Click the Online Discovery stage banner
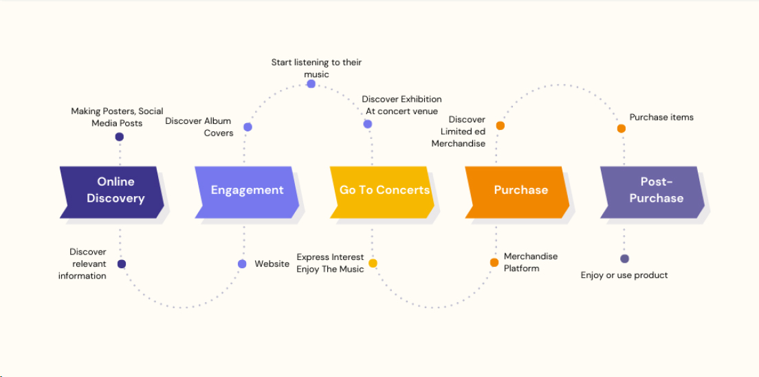[111, 191]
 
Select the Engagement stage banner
[246, 191]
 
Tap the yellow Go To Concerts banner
[384, 191]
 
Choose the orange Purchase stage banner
[519, 191]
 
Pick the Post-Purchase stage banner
[654, 191]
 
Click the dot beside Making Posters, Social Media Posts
[120, 137]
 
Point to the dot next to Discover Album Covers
[247, 127]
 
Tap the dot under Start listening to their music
[311, 84]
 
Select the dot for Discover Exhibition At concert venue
[368, 125]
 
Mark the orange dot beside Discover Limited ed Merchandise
[500, 126]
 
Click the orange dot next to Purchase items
[621, 129]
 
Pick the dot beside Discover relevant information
[122, 264]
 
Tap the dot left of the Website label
[242, 264]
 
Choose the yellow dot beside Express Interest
[373, 263]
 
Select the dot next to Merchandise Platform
[494, 262]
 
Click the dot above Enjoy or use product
[624, 259]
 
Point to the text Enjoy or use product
[624, 275]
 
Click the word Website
[272, 264]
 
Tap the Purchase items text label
[661, 118]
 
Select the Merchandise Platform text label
[531, 262]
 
